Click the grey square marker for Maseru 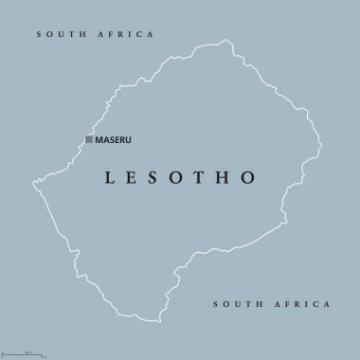[x=89, y=140]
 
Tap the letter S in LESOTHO [x=158, y=177]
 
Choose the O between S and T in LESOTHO [x=183, y=177]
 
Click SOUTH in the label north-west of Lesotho [x=59, y=34]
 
